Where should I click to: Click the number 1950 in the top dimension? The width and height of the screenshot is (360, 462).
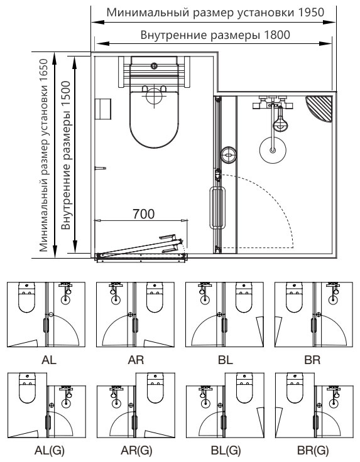tap(311, 13)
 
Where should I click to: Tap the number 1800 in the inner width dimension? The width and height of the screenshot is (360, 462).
tap(277, 35)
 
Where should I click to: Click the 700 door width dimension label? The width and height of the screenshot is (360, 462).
tap(144, 214)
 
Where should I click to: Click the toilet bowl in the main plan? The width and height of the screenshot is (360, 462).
tap(154, 118)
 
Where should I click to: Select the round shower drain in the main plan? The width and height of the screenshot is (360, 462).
tap(273, 150)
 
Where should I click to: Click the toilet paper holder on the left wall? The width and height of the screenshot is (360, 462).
tap(102, 109)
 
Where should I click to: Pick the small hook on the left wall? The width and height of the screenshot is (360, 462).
tap(100, 168)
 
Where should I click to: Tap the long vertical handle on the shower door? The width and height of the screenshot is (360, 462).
tap(217, 207)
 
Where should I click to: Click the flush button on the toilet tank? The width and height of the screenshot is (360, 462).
tap(153, 66)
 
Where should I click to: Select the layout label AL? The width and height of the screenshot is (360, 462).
tap(49, 360)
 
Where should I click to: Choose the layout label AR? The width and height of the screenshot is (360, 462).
tap(136, 360)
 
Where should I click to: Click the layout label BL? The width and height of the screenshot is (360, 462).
tap(226, 360)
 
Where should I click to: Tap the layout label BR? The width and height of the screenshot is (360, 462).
tap(312, 360)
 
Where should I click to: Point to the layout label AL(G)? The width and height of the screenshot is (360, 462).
tap(49, 451)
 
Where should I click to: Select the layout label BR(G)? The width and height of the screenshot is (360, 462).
tap(313, 451)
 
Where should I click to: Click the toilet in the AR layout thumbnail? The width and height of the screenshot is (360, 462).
tap(155, 298)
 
